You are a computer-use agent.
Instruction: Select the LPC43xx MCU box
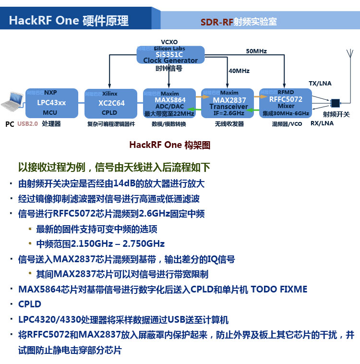[51, 103]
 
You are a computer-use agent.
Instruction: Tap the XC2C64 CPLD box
[111, 103]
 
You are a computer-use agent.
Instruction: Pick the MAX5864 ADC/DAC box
[169, 103]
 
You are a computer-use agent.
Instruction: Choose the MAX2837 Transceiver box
[228, 103]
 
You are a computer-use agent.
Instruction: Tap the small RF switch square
[335, 103]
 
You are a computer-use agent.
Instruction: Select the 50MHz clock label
[256, 51]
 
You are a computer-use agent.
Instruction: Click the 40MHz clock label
[239, 71]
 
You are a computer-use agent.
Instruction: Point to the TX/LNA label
[320, 83]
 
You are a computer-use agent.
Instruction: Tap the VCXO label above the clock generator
[169, 42]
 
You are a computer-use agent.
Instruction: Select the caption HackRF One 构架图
[169, 145]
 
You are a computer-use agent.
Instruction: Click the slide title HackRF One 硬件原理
[69, 20]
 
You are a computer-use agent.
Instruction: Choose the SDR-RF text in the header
[216, 22]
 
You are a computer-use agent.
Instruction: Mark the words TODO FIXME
[278, 289]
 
